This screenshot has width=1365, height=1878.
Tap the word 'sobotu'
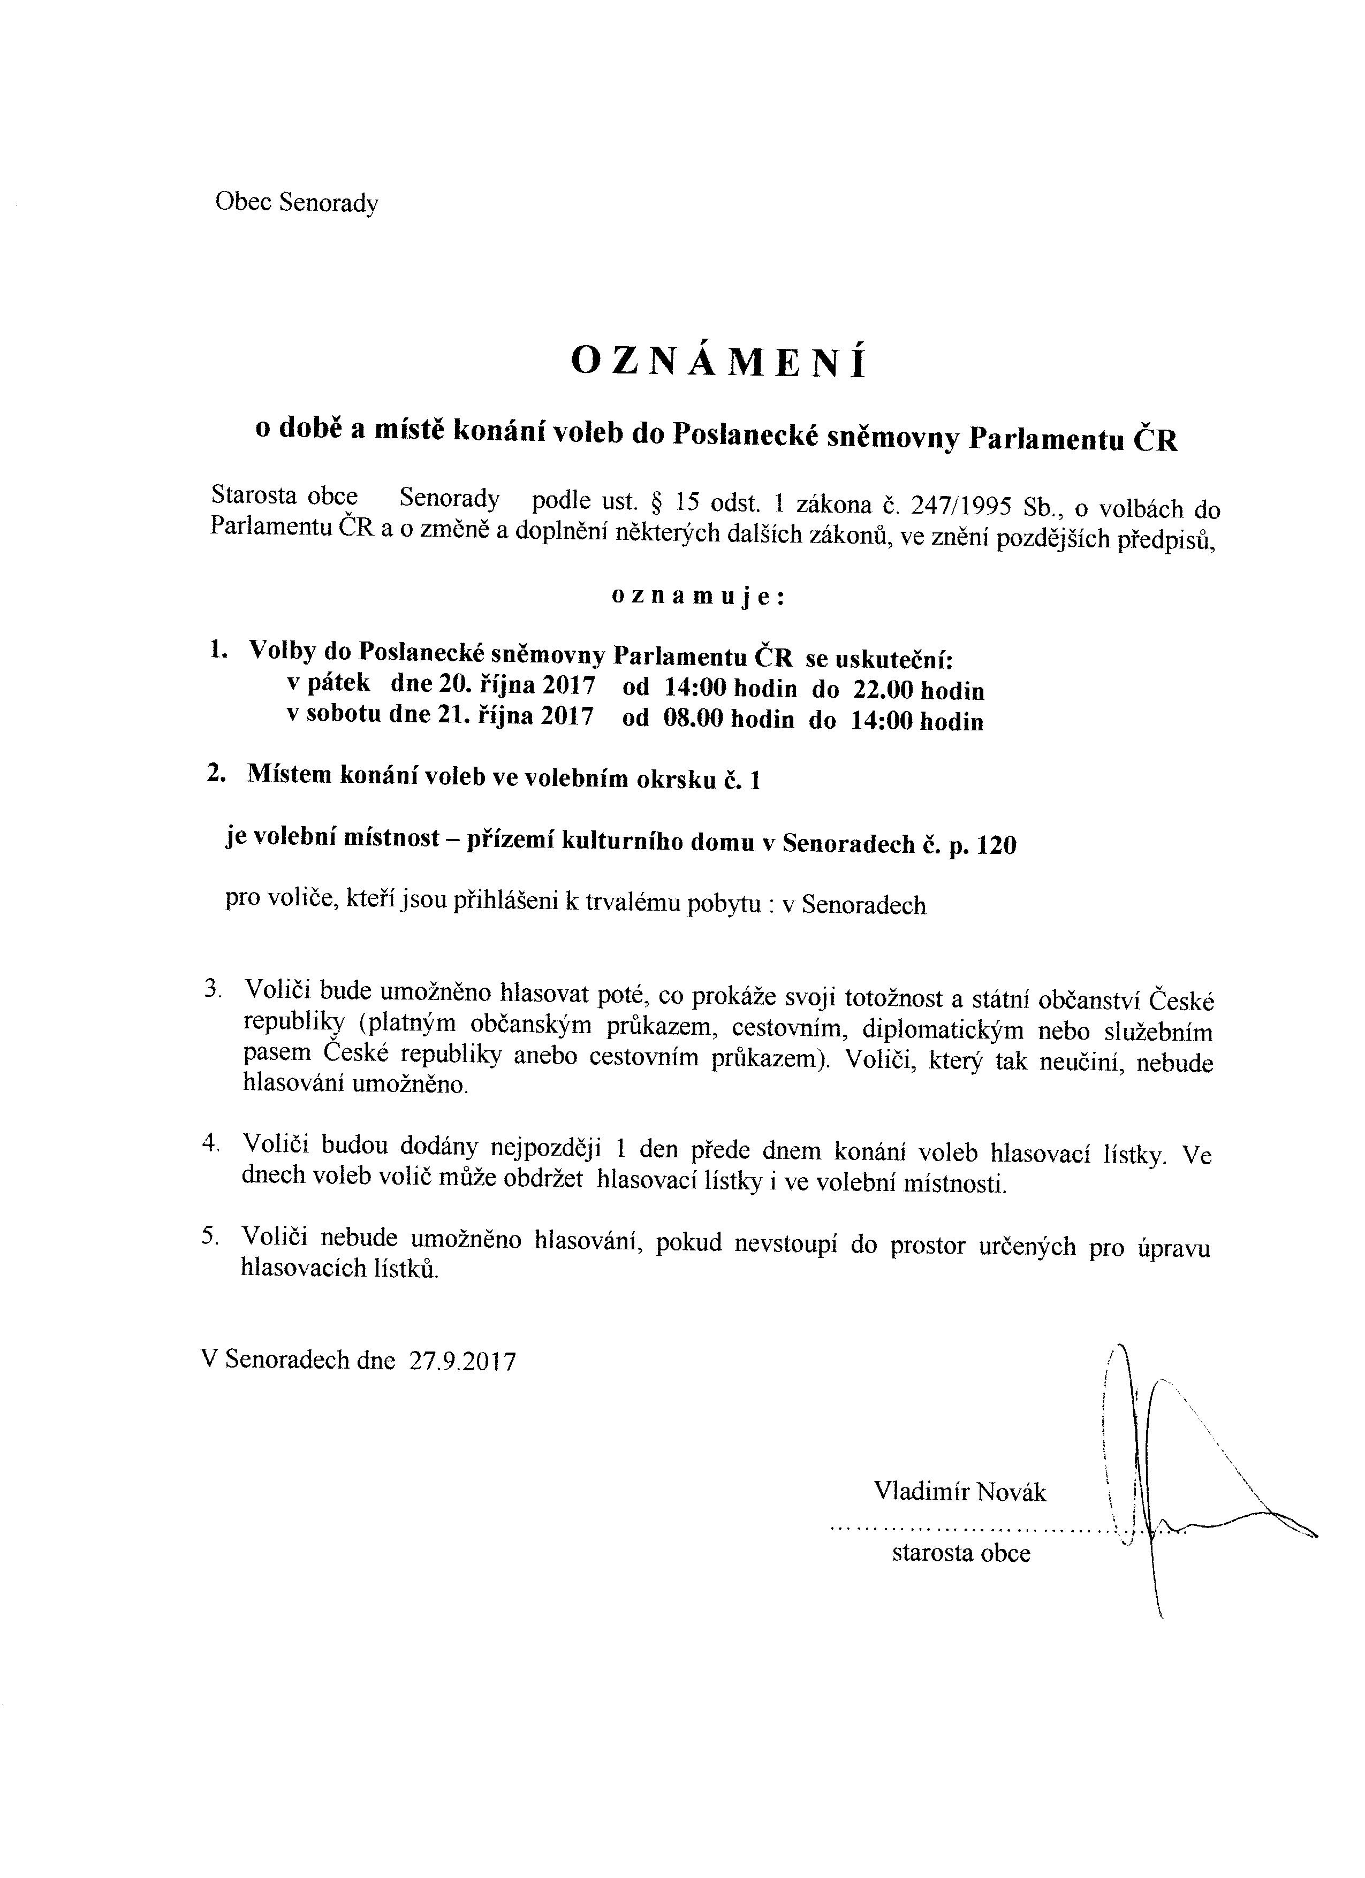(x=344, y=715)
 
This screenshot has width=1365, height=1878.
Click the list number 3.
(x=211, y=989)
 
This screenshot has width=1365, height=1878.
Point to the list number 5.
(x=209, y=1236)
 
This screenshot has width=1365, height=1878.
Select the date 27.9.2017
(x=461, y=1362)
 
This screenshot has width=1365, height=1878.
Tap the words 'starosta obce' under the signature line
(x=961, y=1553)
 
